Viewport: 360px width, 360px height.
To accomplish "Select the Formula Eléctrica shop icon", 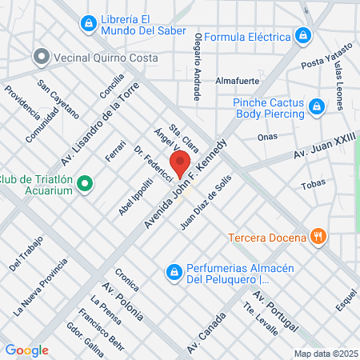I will (x=303, y=36).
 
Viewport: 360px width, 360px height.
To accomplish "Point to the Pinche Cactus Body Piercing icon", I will (x=318, y=106).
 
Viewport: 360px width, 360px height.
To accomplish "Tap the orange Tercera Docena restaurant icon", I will (x=318, y=237).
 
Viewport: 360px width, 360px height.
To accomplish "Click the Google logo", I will (x=26, y=350).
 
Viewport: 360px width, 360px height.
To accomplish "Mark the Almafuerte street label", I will (x=239, y=81).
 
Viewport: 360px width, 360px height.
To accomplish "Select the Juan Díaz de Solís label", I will (x=206, y=203).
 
